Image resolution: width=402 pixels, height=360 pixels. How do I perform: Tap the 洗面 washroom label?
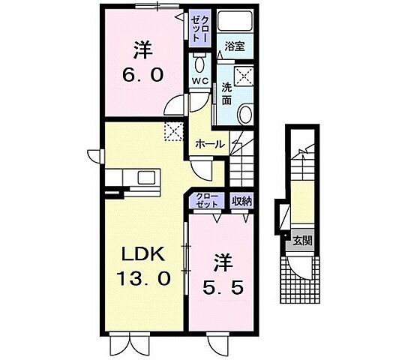(x=226, y=94)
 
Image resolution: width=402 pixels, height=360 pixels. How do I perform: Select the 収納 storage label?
(x=241, y=200)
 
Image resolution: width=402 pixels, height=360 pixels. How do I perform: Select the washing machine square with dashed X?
(x=244, y=77)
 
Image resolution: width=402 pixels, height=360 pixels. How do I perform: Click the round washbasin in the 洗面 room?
(x=244, y=113)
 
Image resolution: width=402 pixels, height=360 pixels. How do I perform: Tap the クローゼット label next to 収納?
(x=208, y=200)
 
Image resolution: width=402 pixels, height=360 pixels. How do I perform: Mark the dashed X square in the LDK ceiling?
(x=174, y=132)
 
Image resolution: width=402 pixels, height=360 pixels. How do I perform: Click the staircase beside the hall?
(x=241, y=161)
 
